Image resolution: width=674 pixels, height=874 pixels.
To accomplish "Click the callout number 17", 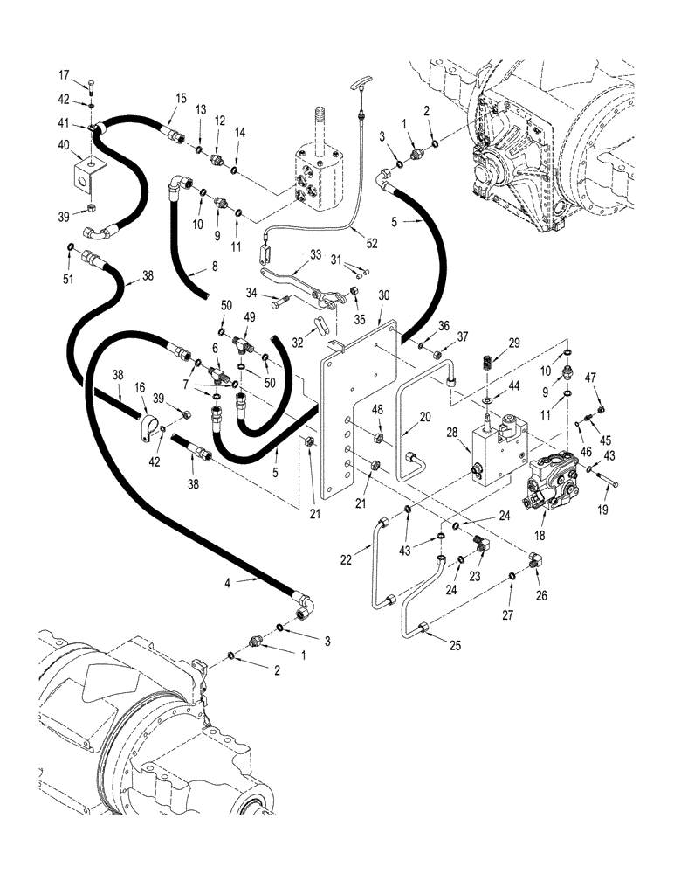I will click(x=88, y=73).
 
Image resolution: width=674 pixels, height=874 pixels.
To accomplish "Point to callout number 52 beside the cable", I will click(x=359, y=231).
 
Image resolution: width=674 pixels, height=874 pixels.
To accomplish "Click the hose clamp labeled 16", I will click(x=148, y=430).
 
